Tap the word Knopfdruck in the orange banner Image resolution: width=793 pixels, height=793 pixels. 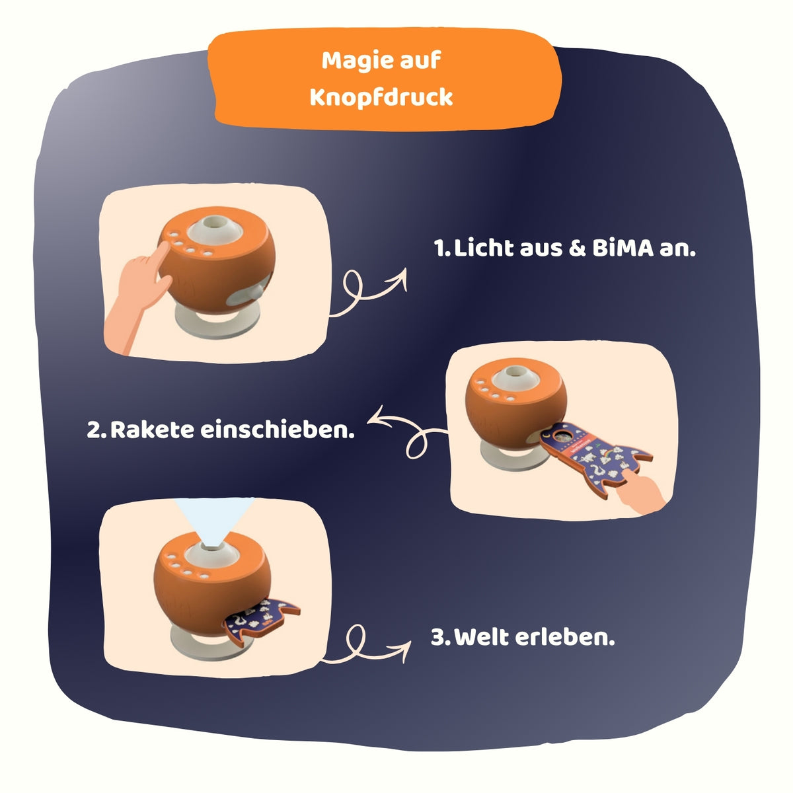click(x=381, y=98)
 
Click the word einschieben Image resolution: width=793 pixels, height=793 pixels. click(x=278, y=430)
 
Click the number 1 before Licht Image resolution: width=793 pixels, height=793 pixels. click(x=441, y=248)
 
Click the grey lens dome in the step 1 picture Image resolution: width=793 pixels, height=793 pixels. click(x=214, y=230)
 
